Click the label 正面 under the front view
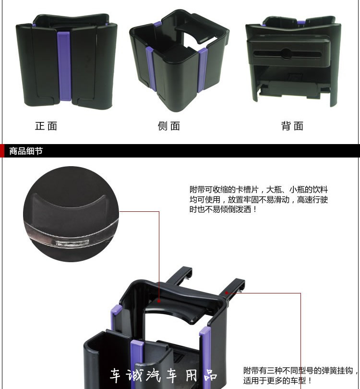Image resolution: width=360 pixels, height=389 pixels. [46, 126]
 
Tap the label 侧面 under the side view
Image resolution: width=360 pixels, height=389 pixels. [169, 126]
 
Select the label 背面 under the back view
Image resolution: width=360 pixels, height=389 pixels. [292, 126]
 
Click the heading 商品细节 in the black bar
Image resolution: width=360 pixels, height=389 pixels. [26, 151]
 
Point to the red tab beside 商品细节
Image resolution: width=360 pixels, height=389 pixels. [2, 151]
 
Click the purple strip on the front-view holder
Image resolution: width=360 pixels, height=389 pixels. [64, 66]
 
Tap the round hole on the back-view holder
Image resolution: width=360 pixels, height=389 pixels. [287, 54]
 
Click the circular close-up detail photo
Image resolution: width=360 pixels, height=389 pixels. [71, 214]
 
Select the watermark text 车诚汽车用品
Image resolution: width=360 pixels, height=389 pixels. [164, 376]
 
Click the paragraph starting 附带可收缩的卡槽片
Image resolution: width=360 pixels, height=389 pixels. [259, 199]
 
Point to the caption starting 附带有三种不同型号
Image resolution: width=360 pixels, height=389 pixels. [300, 376]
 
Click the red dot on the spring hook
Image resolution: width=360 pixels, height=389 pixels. [227, 293]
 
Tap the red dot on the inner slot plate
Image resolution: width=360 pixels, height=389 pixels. [159, 301]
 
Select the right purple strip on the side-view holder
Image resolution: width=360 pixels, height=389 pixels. [203, 70]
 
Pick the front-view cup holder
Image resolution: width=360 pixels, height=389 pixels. [66, 61]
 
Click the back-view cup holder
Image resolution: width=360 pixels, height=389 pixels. [293, 61]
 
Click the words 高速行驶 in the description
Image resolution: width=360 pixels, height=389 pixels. [312, 199]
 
